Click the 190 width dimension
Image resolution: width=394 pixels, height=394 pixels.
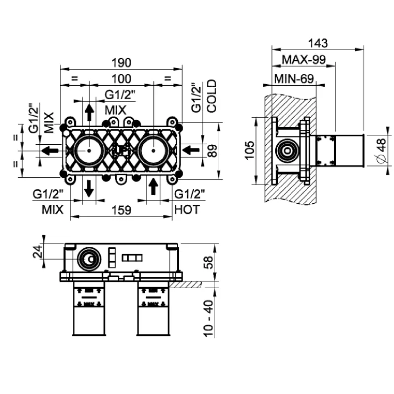(121, 63)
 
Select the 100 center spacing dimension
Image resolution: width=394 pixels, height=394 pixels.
(121, 78)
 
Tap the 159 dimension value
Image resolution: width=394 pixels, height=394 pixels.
(121, 210)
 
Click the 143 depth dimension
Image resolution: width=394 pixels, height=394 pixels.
(319, 43)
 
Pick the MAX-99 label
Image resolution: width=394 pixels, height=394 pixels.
(304, 60)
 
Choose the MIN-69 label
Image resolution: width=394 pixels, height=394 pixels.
(294, 78)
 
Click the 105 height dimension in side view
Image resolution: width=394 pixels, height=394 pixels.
(250, 150)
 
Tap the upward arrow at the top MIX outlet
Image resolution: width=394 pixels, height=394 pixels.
(89, 112)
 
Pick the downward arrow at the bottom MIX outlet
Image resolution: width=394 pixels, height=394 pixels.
(89, 188)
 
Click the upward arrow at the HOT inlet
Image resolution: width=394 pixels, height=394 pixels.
(154, 188)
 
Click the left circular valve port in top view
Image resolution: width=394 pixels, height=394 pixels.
(89, 150)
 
